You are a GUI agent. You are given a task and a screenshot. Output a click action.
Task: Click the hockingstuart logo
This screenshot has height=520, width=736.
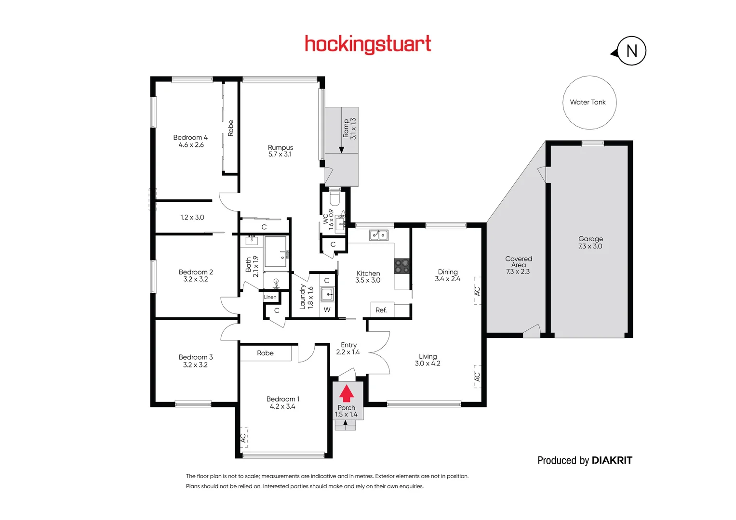point(368,44)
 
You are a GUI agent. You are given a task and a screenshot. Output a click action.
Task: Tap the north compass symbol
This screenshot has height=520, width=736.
point(631,51)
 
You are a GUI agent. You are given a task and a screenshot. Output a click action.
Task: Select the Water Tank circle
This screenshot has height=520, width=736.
point(589,103)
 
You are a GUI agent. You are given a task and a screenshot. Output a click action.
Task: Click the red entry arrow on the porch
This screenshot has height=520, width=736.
point(347,393)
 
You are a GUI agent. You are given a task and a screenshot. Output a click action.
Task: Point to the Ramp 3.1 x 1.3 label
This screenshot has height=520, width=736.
point(349,129)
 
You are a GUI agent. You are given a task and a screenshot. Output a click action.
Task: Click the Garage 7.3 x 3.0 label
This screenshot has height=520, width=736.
point(590,242)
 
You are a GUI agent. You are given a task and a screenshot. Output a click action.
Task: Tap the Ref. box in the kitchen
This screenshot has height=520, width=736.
point(381,310)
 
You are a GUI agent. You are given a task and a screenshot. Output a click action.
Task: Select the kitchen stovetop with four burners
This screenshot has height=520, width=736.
point(402,266)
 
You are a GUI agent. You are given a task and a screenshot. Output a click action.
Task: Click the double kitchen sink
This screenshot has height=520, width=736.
point(379,235)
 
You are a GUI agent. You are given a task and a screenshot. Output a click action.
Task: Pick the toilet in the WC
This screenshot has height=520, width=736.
point(335,198)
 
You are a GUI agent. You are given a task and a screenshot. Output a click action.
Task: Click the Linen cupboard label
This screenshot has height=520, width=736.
point(270,297)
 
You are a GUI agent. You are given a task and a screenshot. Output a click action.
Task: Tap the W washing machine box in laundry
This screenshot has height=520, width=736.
point(327,310)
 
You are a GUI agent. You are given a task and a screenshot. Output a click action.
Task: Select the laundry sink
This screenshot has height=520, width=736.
point(327,293)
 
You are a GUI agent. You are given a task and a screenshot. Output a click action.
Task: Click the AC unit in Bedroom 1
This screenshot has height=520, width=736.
point(243,438)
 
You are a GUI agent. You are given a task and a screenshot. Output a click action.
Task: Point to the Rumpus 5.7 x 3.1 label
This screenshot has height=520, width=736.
point(280,151)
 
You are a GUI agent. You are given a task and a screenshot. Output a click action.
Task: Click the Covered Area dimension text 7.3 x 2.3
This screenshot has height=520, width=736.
point(518,272)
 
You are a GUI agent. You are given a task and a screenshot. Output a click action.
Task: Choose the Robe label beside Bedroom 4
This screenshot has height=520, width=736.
point(230,128)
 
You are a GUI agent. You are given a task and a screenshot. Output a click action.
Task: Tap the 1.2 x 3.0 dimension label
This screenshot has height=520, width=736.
point(192,217)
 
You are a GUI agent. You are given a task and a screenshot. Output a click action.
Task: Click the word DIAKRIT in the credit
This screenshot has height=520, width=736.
point(612,460)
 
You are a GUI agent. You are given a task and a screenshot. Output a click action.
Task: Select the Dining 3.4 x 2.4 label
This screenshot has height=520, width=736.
point(448,275)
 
